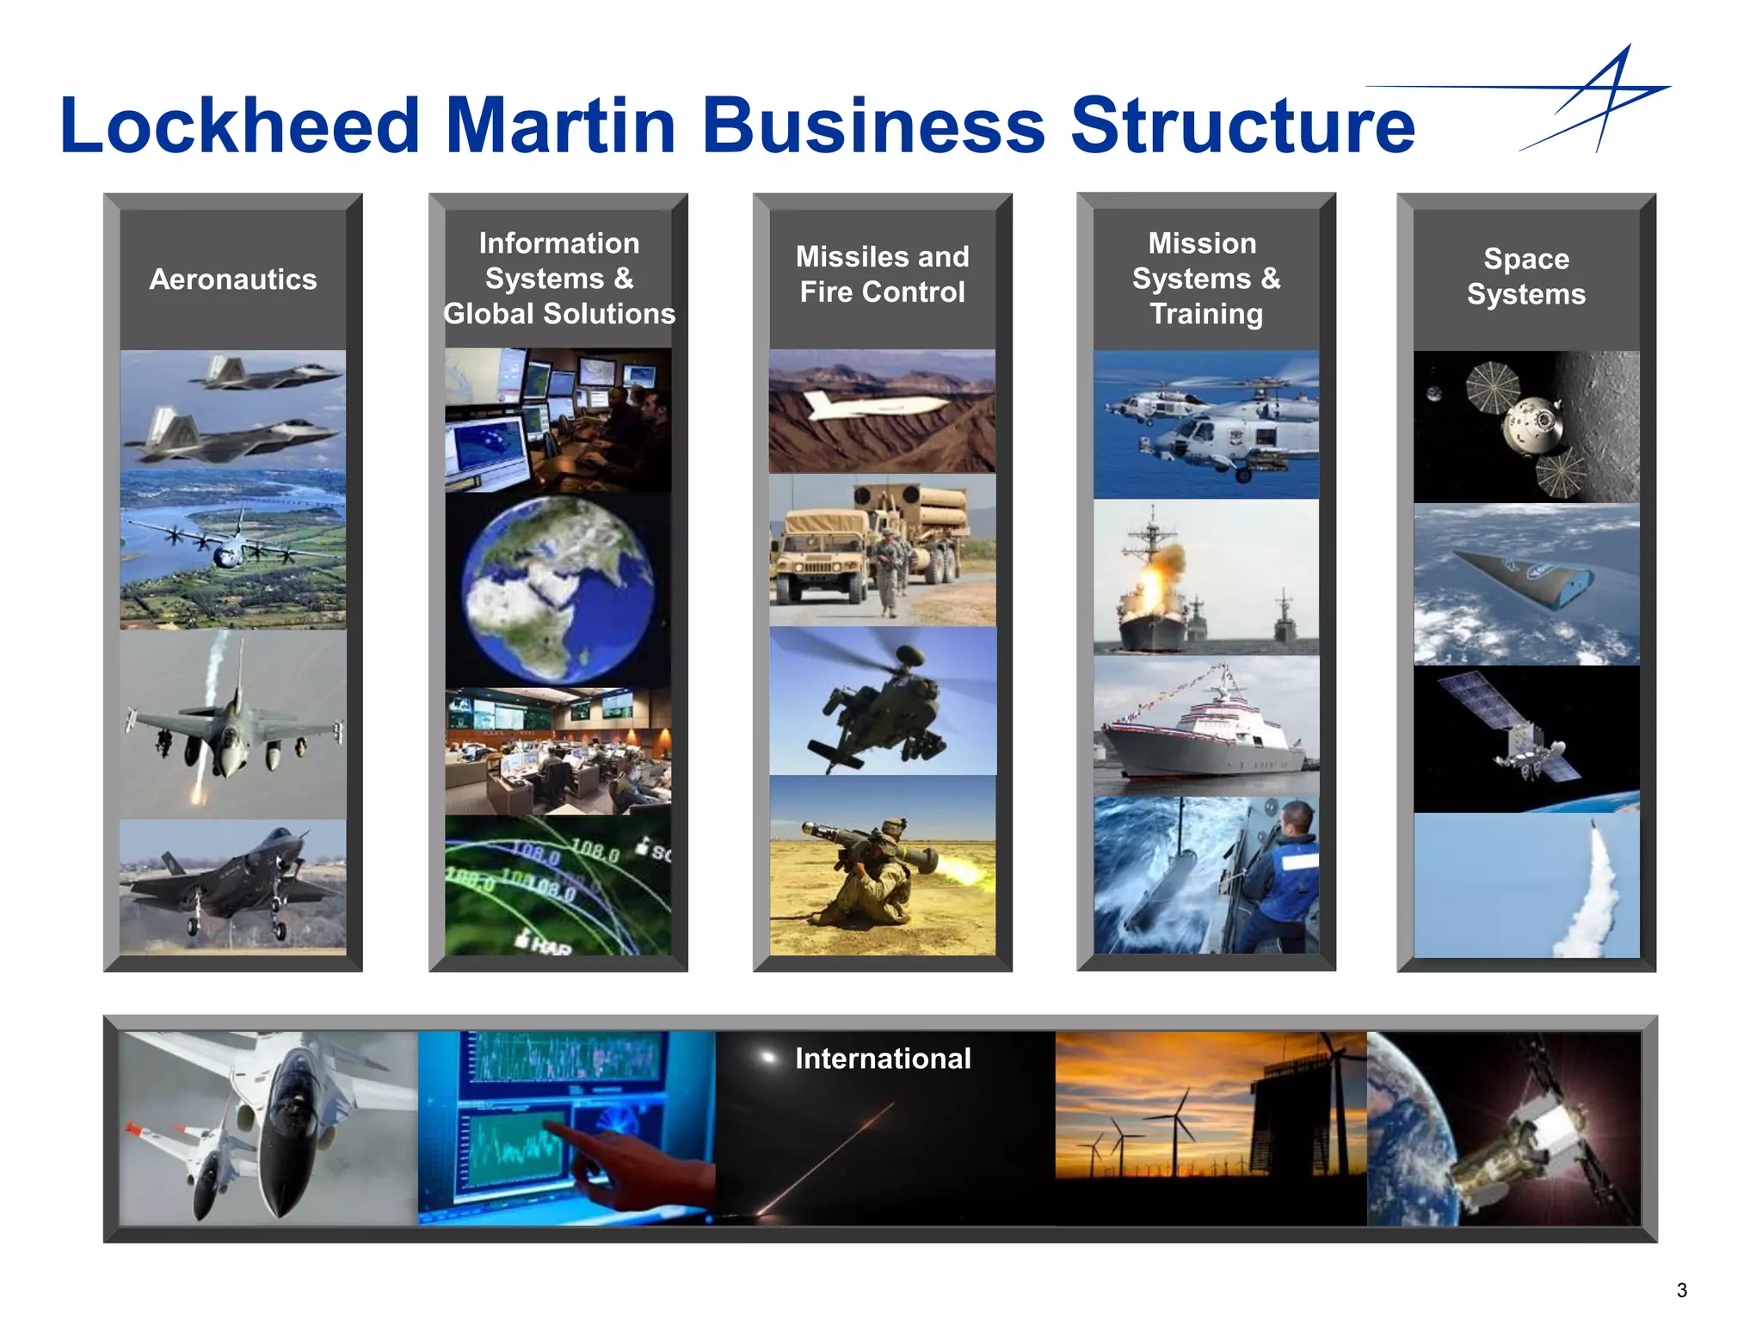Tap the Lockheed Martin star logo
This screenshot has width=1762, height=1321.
pyautogui.click(x=1592, y=99)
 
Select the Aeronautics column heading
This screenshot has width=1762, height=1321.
pyautogui.click(x=233, y=280)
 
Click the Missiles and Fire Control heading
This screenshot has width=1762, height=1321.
pyautogui.click(x=882, y=274)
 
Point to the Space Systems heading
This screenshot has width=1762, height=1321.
pyautogui.click(x=1525, y=276)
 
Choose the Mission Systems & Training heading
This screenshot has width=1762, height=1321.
pyautogui.click(x=1205, y=279)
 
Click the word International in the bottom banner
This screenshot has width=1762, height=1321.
pyautogui.click(x=883, y=1058)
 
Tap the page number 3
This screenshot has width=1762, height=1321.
pyautogui.click(x=1681, y=1290)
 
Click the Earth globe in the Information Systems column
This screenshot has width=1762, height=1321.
pyautogui.click(x=558, y=589)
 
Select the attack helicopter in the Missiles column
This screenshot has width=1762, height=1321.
pyautogui.click(x=882, y=705)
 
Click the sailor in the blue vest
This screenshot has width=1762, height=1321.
pyautogui.click(x=1282, y=877)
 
